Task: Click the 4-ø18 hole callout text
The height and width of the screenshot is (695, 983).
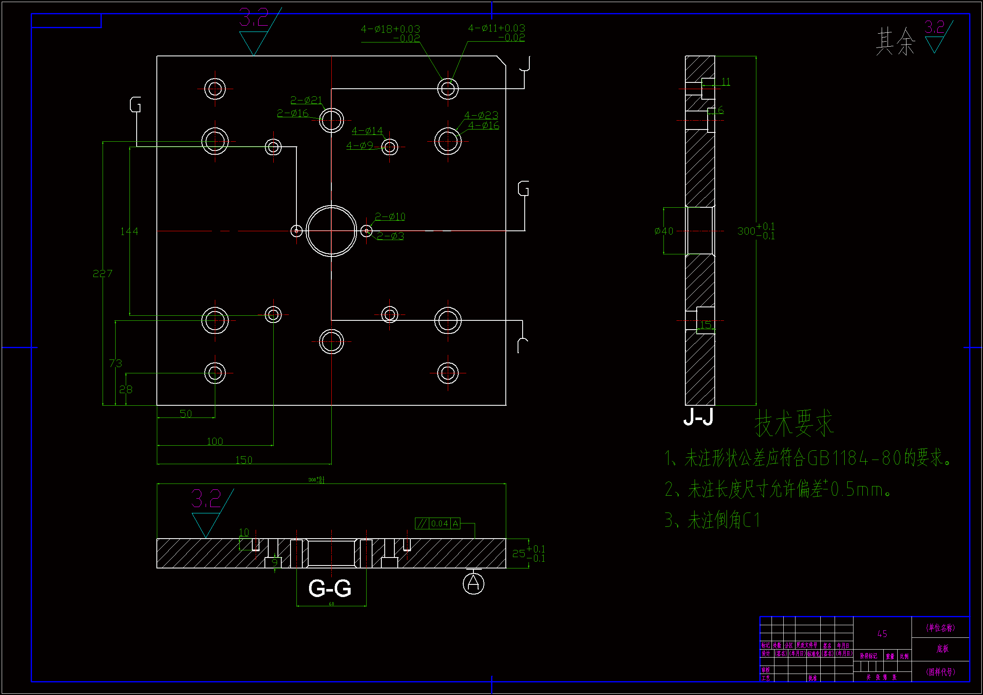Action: click(390, 29)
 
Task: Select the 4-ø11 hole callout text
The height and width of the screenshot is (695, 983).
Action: click(496, 28)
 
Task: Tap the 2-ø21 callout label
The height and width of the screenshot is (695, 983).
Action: click(306, 100)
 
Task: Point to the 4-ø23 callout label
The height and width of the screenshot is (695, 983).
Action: click(481, 115)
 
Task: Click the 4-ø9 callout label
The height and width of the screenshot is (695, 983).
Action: click(359, 145)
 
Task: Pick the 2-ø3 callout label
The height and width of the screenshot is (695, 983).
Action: click(390, 236)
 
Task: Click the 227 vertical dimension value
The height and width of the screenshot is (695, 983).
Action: click(102, 273)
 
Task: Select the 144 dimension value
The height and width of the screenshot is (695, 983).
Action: click(129, 231)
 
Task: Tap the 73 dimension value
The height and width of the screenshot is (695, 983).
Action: click(115, 363)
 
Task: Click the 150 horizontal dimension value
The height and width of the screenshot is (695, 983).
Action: click(243, 460)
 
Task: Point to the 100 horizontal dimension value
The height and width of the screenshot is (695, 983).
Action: click(214, 441)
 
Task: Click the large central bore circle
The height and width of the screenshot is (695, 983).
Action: click(331, 231)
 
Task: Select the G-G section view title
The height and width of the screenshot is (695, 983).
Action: click(330, 588)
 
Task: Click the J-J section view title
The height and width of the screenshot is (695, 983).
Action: click(698, 416)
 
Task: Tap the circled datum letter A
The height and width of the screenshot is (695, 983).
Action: click(473, 583)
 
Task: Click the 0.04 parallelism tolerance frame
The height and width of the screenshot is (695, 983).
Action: click(438, 523)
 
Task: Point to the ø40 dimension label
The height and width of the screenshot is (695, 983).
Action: click(663, 231)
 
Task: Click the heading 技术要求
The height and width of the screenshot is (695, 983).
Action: click(794, 423)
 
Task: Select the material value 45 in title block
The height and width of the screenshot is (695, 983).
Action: click(882, 633)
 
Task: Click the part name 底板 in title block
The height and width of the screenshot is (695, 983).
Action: click(942, 648)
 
